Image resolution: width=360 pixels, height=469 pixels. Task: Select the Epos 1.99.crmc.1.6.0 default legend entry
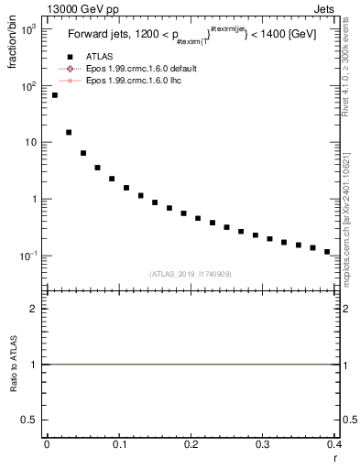(x=128, y=69)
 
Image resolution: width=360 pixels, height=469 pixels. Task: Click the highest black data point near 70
(x=54, y=95)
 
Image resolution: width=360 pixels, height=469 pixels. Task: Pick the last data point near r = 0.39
(x=327, y=252)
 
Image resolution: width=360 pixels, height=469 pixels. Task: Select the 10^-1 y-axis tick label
(x=27, y=256)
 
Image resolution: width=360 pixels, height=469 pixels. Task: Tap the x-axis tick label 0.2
(x=191, y=443)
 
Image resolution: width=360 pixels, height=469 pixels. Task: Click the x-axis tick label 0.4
(x=334, y=443)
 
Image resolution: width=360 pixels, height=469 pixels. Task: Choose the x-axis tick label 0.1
(x=118, y=443)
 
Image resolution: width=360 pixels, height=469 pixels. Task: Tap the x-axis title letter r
(x=336, y=456)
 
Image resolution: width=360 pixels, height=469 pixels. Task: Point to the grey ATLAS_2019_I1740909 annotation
(x=191, y=274)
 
